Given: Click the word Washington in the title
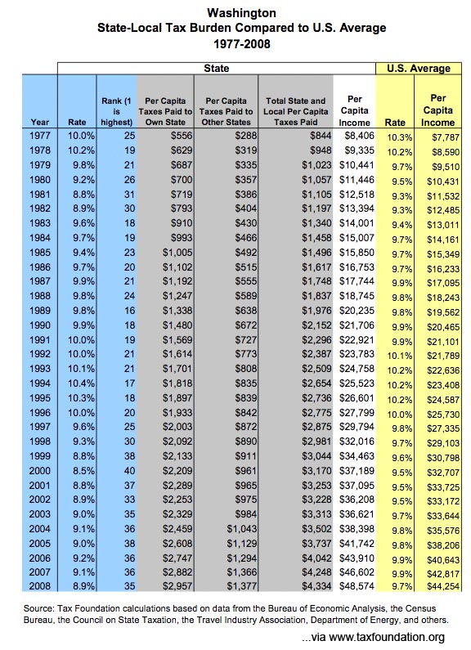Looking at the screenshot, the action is click(x=241, y=13).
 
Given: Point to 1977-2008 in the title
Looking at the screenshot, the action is click(x=242, y=44).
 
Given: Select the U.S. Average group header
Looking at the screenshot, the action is click(x=419, y=69).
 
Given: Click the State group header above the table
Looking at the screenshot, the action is click(x=217, y=69).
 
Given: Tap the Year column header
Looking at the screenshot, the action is click(x=39, y=123).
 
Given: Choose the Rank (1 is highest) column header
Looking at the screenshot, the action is click(x=116, y=111).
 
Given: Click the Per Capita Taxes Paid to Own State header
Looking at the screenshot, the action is click(x=165, y=111).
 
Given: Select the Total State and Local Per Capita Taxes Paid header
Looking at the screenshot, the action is click(x=296, y=111).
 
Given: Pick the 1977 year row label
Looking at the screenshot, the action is click(x=40, y=136).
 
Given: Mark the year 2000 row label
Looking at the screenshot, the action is click(x=40, y=471).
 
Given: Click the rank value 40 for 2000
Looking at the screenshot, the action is click(x=129, y=471).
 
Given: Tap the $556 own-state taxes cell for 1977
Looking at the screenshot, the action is click(x=182, y=136).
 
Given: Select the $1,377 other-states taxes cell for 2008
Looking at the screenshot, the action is click(x=242, y=586).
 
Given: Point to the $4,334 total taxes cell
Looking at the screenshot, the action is click(x=316, y=586).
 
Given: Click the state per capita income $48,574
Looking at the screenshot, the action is click(x=357, y=586).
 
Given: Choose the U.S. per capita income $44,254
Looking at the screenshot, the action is click(x=443, y=586).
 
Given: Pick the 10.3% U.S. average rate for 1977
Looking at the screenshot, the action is click(x=400, y=137).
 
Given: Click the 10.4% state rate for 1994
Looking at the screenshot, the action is click(x=81, y=383).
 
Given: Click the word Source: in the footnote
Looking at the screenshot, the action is click(x=38, y=608).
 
